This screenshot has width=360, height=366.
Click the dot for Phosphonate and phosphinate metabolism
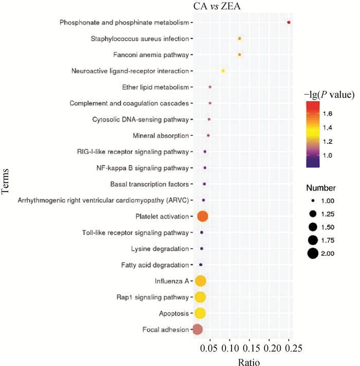click(289, 23)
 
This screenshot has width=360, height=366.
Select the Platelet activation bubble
click(203, 217)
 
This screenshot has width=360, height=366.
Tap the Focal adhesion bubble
click(197, 329)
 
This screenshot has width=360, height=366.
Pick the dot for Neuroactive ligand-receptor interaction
click(223, 71)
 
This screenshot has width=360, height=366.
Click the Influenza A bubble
click(200, 281)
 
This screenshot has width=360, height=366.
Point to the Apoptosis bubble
click(200, 313)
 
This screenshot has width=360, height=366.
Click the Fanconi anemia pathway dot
click(240, 55)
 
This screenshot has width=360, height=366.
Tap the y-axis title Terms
click(7, 184)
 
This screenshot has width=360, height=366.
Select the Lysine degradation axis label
click(160, 249)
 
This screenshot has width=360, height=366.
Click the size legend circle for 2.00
click(312, 253)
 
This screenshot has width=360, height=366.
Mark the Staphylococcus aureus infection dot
click(240, 39)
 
